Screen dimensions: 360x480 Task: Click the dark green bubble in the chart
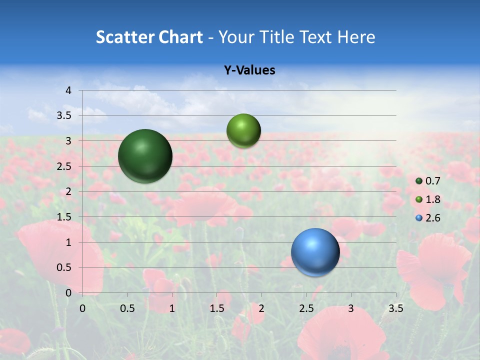[145, 156]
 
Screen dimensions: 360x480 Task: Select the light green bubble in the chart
[243, 131]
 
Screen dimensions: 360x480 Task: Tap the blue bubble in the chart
[315, 252]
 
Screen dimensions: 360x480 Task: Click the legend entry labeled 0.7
[428, 181]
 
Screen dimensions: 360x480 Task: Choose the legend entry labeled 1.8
[428, 199]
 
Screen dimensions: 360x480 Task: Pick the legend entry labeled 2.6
[428, 218]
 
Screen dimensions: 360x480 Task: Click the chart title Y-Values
[249, 70]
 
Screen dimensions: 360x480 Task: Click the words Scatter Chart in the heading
[149, 37]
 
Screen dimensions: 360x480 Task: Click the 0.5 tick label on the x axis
[127, 308]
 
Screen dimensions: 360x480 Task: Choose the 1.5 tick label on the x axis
[216, 308]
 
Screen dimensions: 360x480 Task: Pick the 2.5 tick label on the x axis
[306, 308]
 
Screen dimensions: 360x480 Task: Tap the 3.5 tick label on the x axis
[395, 308]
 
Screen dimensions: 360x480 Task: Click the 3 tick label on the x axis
[351, 308]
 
